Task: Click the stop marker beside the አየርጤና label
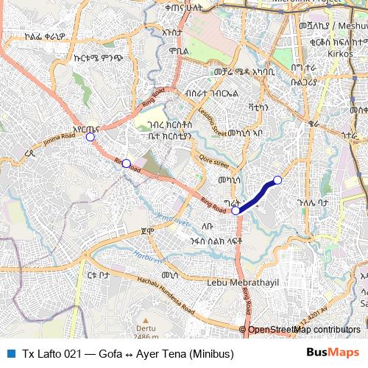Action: (91, 137)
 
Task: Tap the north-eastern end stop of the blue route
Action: (277, 180)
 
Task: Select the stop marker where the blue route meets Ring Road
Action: (236, 210)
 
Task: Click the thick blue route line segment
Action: (257, 197)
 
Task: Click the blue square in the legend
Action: (10, 351)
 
